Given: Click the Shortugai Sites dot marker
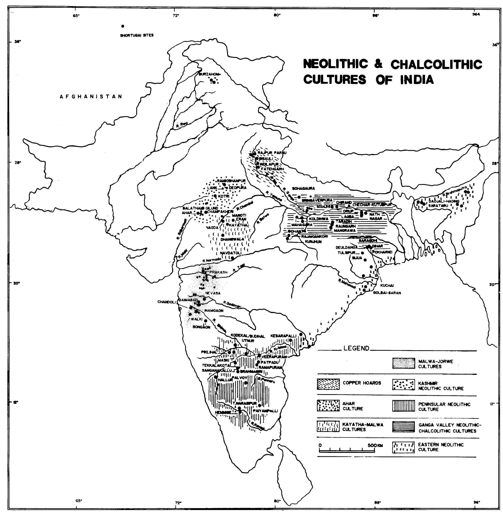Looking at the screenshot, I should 122,26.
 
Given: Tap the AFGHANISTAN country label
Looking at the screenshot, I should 91,97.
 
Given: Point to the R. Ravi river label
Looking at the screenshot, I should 182,125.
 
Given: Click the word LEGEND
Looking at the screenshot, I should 356,348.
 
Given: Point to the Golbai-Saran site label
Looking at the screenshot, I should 387,293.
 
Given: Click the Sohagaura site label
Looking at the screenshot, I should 303,188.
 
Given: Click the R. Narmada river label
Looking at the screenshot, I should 212,260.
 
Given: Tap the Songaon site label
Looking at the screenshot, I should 201,327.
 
